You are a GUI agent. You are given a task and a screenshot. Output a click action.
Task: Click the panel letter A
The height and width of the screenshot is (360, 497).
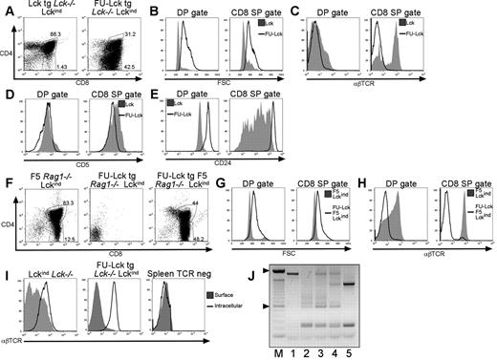[x=7, y=8]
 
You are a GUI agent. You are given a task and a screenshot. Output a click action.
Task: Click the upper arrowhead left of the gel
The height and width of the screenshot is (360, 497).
[x=358, y=273]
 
